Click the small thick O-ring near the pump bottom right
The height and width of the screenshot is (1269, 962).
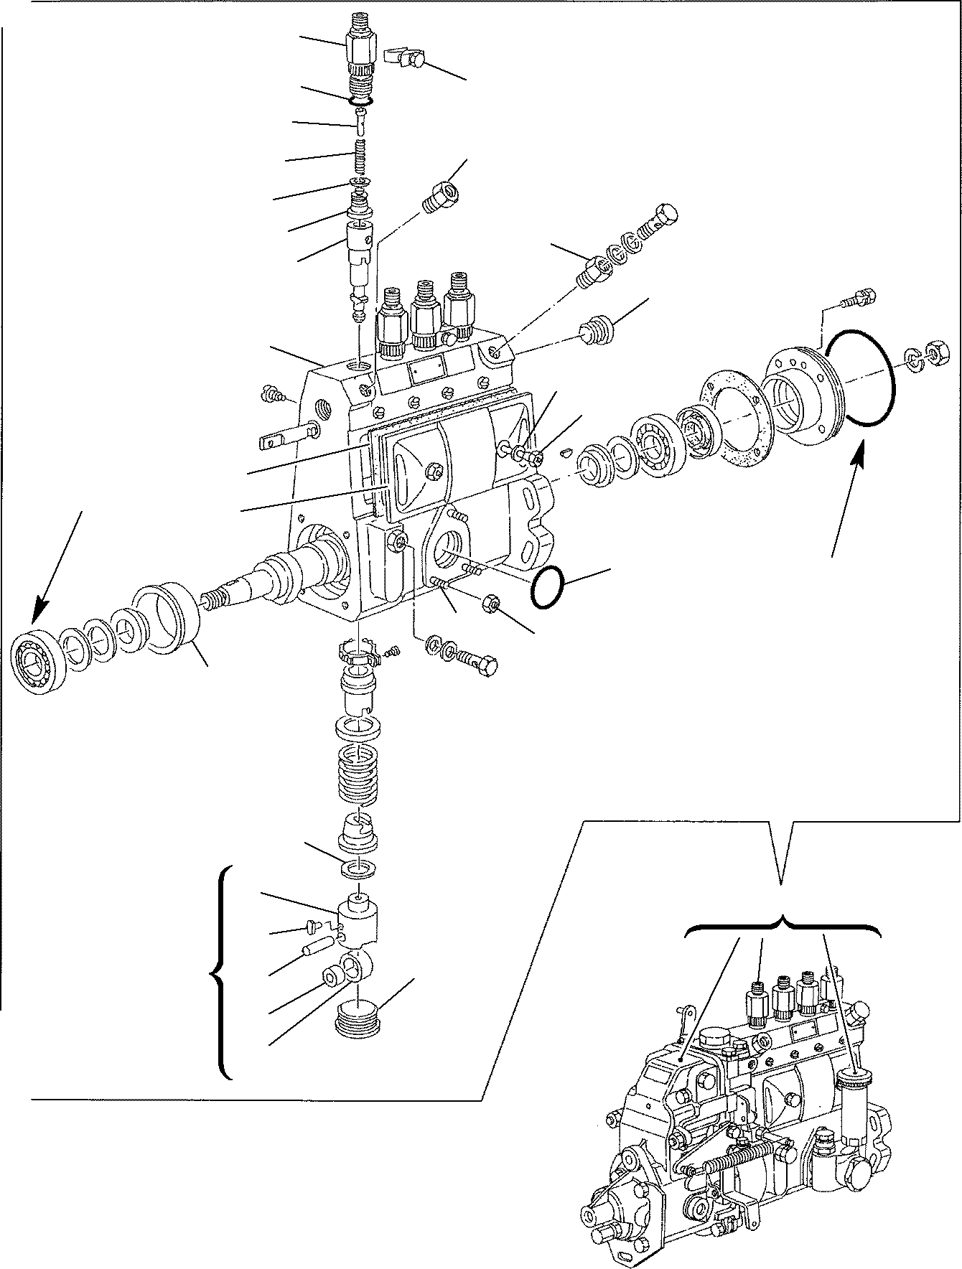click(548, 588)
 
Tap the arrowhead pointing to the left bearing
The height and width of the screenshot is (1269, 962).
click(36, 613)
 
